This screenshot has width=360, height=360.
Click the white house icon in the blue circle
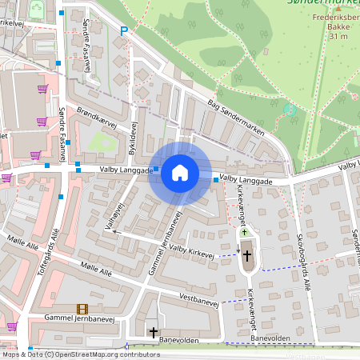180,173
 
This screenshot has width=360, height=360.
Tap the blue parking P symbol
123,31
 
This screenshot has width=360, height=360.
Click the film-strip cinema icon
82,309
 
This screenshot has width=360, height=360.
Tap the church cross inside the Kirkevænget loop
247,256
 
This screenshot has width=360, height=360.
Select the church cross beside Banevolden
153,331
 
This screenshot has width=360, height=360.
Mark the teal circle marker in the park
290,109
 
